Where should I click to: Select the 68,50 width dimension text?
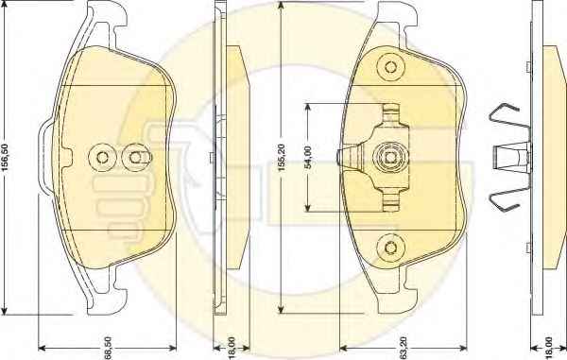pyautogui.click(x=108, y=348)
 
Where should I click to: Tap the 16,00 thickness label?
pyautogui.click(x=232, y=348)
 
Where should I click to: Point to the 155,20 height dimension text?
pyautogui.click(x=282, y=158)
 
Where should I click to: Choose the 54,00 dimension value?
pyautogui.click(x=307, y=158)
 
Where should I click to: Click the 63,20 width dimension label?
pyautogui.click(x=404, y=348)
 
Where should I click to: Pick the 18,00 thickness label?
pyautogui.click(x=548, y=348)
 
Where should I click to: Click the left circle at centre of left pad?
pyautogui.click(x=102, y=157)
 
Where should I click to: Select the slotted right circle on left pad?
pyautogui.click(x=136, y=157)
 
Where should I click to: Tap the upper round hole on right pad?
pyautogui.click(x=390, y=67)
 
